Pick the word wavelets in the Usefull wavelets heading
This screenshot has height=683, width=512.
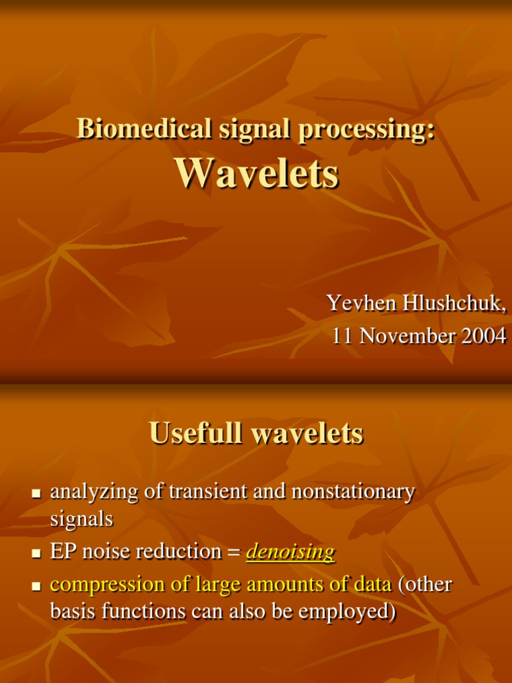pos(307,433)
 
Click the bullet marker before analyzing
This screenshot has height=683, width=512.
pos(37,494)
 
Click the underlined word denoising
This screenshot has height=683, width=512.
pos(290,552)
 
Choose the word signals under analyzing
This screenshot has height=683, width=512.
pos(81,519)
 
